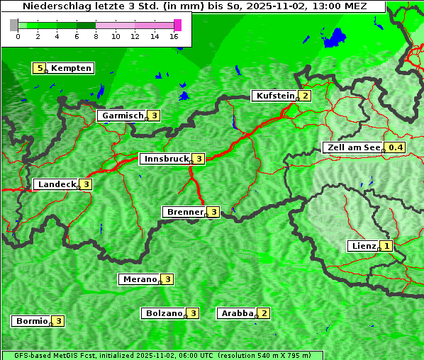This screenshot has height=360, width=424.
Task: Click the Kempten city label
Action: [x=71, y=68]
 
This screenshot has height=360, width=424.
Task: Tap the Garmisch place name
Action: [x=123, y=116]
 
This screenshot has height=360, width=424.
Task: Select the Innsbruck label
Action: [x=164, y=159]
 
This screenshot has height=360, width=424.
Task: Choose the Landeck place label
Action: [x=56, y=184]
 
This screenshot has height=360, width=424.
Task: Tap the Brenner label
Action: [x=184, y=211]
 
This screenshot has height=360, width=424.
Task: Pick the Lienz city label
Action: [x=363, y=246]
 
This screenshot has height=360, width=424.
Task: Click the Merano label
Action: [x=139, y=279]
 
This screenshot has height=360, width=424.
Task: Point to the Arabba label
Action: [x=237, y=313]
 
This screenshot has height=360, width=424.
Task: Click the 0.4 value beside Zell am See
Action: [x=395, y=147]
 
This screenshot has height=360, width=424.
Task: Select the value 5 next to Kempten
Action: [x=40, y=68]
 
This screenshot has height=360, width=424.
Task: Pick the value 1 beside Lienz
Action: [x=386, y=246]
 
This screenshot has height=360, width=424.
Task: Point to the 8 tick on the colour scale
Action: [x=96, y=37]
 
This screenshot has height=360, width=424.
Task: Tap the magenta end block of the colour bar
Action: [x=177, y=25]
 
